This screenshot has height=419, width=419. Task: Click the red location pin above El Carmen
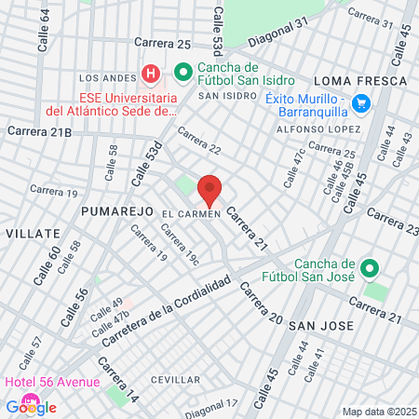pyautogui.click(x=210, y=189)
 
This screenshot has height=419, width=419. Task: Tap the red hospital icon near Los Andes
pyautogui.click(x=151, y=73)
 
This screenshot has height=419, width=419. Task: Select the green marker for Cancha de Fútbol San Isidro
pyautogui.click(x=183, y=72)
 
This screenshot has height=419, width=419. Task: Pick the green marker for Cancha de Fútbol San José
pyautogui.click(x=369, y=269)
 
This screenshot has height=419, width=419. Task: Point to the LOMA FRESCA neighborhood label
pyautogui.click(x=361, y=81)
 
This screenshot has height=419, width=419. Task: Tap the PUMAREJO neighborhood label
pyautogui.click(x=116, y=212)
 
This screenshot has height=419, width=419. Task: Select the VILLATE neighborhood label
pyautogui.click(x=30, y=231)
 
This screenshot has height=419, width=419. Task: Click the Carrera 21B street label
pyautogui.click(x=39, y=132)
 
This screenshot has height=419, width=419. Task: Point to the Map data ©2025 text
pyautogui.click(x=379, y=412)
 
